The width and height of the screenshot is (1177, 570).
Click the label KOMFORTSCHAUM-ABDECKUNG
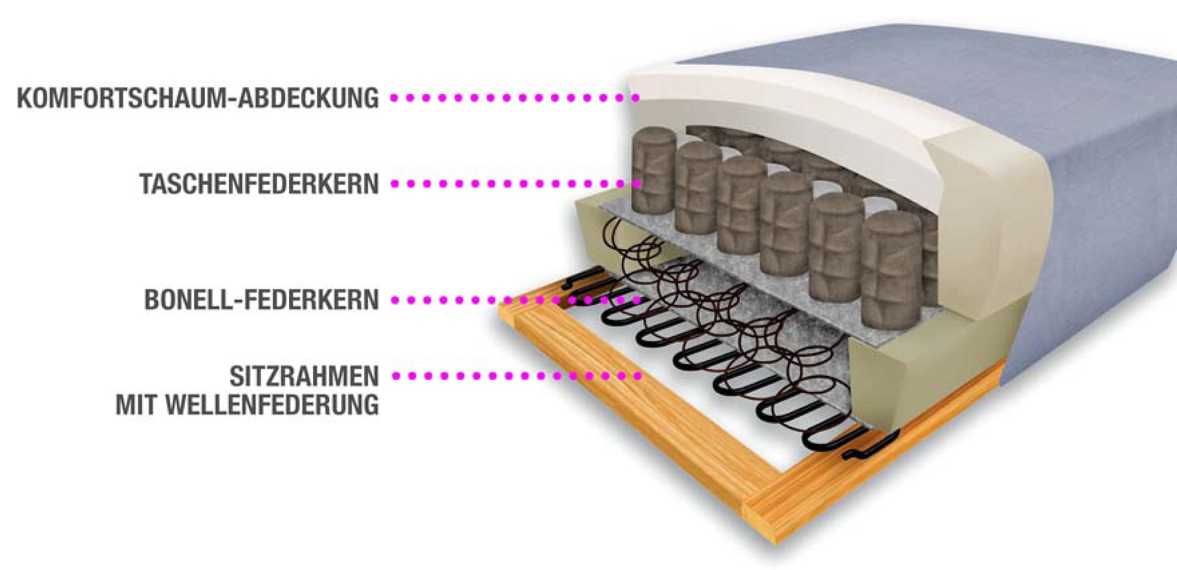point(198,98)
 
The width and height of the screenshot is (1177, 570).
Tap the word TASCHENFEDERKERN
point(259,184)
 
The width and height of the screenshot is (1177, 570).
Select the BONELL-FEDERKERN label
point(261,300)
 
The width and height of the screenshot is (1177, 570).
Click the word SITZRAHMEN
point(304,377)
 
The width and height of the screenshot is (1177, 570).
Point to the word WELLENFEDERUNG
point(273,405)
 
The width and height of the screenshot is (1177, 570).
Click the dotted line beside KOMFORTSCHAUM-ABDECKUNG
point(515,98)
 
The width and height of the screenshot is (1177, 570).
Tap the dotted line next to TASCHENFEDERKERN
point(515,184)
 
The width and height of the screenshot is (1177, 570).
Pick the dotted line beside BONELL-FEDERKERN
point(515,300)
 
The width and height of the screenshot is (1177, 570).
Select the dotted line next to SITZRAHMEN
point(515,376)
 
